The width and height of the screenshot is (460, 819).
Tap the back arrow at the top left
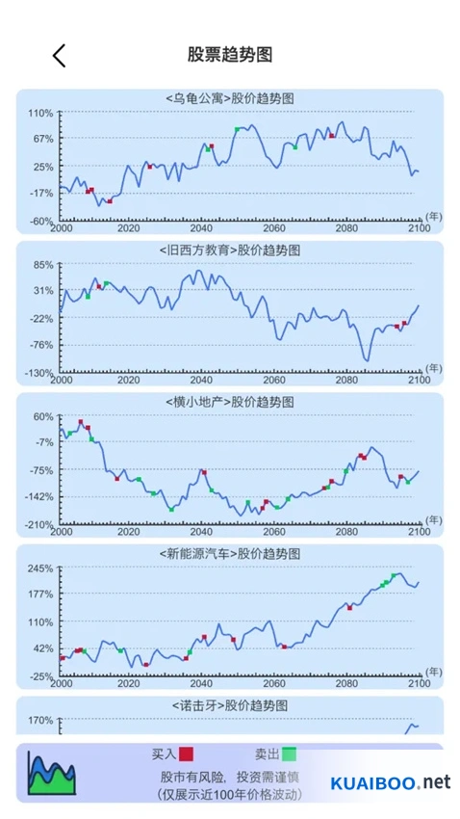click(59, 55)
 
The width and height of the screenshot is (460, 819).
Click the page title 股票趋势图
click(230, 54)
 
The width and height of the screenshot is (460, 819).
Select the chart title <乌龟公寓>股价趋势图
click(230, 98)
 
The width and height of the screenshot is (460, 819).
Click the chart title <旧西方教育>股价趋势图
click(230, 251)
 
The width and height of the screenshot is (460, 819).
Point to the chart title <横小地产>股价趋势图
click(230, 402)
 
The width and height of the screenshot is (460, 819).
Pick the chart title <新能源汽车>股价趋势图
click(230, 553)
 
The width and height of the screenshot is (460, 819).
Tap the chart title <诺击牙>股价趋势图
click(230, 705)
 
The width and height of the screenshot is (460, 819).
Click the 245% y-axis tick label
click(40, 568)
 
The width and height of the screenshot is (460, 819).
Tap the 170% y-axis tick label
click(40, 721)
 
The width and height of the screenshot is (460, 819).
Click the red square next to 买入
click(186, 753)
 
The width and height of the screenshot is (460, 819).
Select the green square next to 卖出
click(290, 753)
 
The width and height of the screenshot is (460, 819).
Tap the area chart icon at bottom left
click(52, 773)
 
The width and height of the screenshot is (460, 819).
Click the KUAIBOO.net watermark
click(391, 782)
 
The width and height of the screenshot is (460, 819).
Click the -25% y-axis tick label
click(40, 677)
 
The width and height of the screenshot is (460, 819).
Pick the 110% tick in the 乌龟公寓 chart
click(40, 113)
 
